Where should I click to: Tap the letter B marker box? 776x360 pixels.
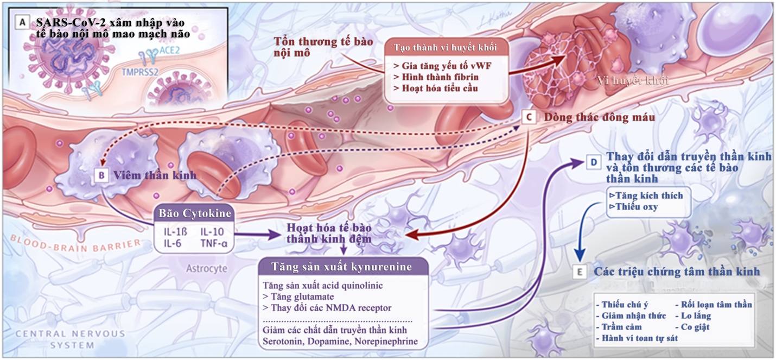click(101, 175)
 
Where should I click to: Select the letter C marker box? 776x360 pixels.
click(529, 117)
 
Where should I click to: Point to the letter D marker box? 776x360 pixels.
click(593, 162)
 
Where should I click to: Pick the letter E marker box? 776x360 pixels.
click(580, 271)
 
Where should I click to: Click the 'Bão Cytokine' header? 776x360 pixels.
click(194, 213)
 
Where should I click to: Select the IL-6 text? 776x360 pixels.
click(173, 243)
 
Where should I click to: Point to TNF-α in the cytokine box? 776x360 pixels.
click(214, 243)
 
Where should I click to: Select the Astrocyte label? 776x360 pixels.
click(206, 268)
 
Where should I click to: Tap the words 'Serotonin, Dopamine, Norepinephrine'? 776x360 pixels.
click(340, 342)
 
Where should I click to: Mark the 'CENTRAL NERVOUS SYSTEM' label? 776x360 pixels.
click(70, 339)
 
